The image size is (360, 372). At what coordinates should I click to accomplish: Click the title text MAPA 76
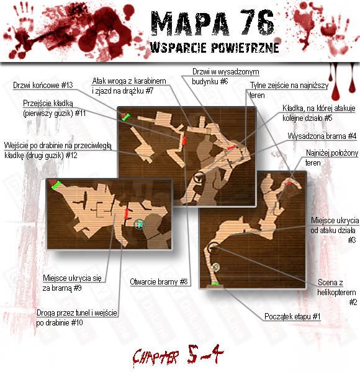coord(212,24)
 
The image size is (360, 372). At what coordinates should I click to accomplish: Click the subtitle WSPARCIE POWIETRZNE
coord(214,48)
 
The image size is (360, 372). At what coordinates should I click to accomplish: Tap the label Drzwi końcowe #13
coord(43,85)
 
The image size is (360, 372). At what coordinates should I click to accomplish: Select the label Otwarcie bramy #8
coord(159,282)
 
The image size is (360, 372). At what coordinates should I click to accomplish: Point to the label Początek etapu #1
coord(292,316)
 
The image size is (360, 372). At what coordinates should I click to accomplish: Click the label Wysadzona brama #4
coord(322,136)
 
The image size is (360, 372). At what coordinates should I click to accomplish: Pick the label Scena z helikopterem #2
coord(337,292)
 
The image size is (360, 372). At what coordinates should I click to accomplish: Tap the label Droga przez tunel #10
coord(77,317)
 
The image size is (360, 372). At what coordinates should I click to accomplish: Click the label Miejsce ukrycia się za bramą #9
coord(72,283)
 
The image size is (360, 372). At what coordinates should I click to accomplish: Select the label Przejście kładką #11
coord(55,108)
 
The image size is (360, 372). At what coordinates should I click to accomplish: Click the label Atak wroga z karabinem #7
coord(129,86)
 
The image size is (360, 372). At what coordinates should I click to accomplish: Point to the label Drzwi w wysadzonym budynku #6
coord(225,77)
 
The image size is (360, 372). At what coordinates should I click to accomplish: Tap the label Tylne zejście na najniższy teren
coord(289,90)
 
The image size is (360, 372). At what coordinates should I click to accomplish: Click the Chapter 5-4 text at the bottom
coord(178,355)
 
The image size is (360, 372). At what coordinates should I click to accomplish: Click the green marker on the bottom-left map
coord(56,185)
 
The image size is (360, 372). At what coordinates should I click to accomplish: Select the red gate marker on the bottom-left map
coord(127,213)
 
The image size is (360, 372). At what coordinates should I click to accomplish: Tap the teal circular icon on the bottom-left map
coord(140,224)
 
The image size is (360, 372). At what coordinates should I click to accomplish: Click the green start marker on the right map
coord(215,283)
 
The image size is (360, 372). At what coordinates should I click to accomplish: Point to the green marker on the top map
coord(126,117)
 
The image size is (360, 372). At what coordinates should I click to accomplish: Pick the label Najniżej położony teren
coord(331,157)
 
